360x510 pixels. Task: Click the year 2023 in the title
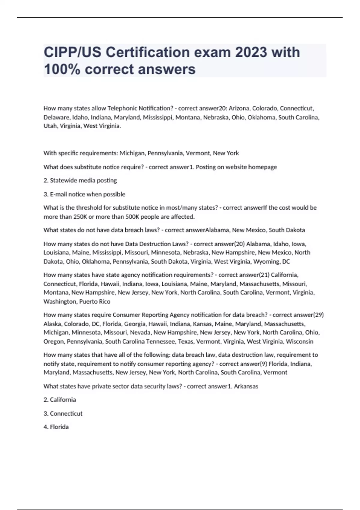click(x=251, y=52)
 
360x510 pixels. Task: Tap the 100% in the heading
click(x=62, y=69)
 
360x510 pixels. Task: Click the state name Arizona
click(x=239, y=108)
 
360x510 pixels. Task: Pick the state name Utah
click(x=50, y=126)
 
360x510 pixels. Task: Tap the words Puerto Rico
click(x=94, y=301)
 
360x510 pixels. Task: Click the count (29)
click(x=318, y=315)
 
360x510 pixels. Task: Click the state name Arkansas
click(x=246, y=386)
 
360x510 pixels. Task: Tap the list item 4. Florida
click(x=56, y=427)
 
